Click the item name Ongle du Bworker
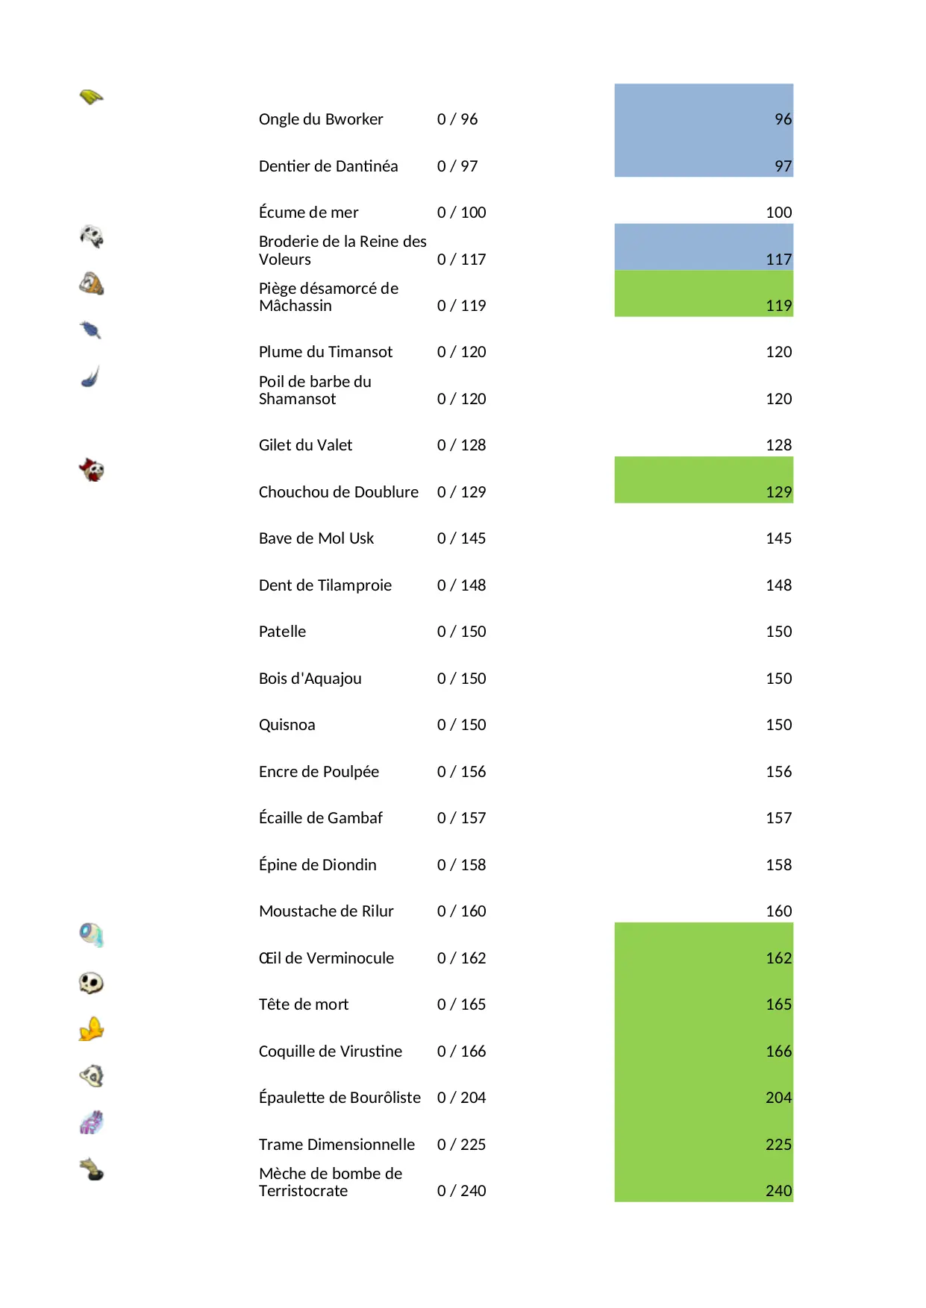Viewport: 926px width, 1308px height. pyautogui.click(x=320, y=119)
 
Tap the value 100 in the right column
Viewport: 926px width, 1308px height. pyautogui.click(x=778, y=213)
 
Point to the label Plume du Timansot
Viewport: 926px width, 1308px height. pyautogui.click(x=325, y=352)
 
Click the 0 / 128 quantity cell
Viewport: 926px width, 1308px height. pyautogui.click(x=461, y=445)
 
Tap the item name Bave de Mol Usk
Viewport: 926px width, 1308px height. pyautogui.click(x=316, y=538)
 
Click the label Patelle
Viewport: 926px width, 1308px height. pyautogui.click(x=282, y=632)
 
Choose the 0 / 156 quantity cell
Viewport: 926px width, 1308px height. pyautogui.click(x=461, y=772)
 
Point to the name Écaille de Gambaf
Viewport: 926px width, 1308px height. pyautogui.click(x=320, y=818)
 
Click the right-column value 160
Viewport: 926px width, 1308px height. pyautogui.click(x=778, y=911)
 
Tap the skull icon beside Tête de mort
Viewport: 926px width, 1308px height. pyautogui.click(x=91, y=983)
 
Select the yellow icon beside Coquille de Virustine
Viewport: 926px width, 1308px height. pyautogui.click(x=91, y=1030)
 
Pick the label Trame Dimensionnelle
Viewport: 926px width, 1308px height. pyautogui.click(x=337, y=1145)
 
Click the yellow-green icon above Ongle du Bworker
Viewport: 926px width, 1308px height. pyautogui.click(x=91, y=97)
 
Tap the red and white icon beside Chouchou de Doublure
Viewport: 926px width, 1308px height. pyautogui.click(x=91, y=470)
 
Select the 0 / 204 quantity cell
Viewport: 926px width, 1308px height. pyautogui.click(x=461, y=1098)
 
